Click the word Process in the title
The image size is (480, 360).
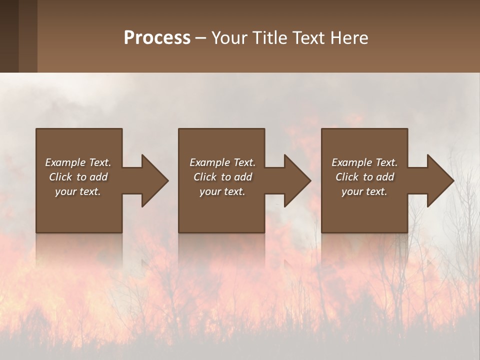(157, 38)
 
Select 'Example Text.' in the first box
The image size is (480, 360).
(78, 162)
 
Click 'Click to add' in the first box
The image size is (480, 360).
(78, 177)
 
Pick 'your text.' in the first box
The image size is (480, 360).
(78, 191)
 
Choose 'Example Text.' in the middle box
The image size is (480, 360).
(222, 162)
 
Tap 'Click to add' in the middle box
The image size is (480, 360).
(222, 177)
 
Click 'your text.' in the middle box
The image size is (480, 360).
(222, 191)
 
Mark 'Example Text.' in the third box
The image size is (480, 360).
(364, 162)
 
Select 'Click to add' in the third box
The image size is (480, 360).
(364, 177)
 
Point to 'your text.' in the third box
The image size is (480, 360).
(364, 191)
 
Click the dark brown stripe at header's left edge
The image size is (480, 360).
(9, 36)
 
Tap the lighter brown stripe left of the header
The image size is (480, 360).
(28, 36)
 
